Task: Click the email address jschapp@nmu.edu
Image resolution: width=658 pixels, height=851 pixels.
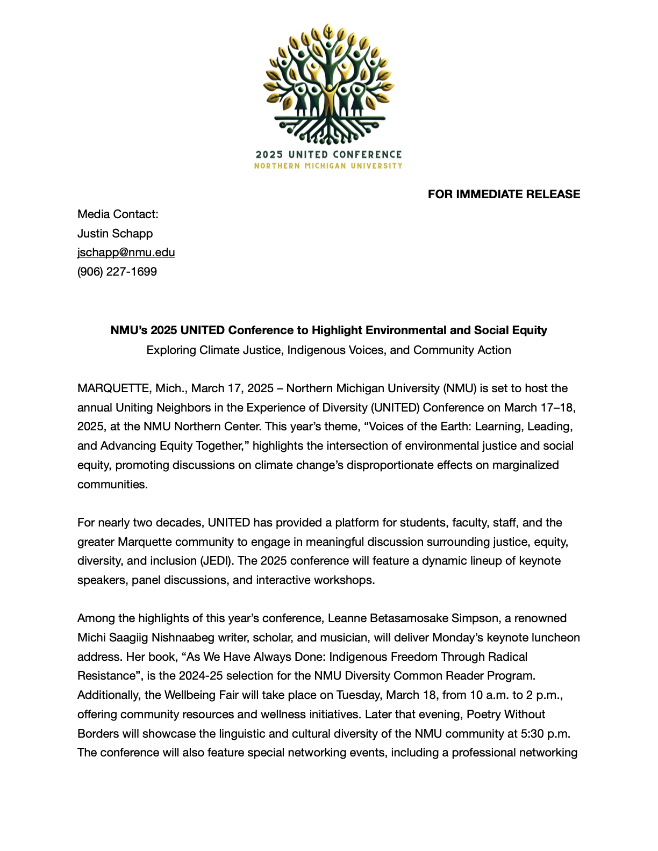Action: pos(126,253)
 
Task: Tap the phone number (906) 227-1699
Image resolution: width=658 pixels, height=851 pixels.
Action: pos(117,272)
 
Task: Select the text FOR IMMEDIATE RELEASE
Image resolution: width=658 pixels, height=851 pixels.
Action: pos(504,194)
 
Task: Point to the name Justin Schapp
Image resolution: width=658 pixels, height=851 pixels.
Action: pos(115,234)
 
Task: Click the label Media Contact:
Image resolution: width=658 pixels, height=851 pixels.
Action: pos(118,214)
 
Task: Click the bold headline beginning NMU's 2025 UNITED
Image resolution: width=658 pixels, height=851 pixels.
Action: pos(328,330)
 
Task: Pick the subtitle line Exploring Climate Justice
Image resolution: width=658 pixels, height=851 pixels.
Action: pos(328,350)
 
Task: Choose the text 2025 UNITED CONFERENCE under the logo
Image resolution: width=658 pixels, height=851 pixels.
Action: pos(328,155)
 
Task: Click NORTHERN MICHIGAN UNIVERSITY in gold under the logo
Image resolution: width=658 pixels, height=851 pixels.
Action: pos(328,166)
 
